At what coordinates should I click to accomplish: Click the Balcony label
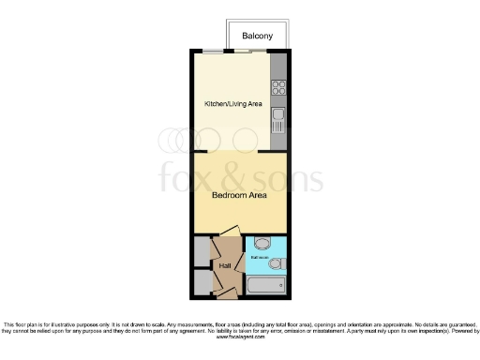click(x=257, y=36)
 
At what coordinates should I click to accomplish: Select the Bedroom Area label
click(x=239, y=196)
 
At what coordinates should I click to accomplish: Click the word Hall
click(x=225, y=266)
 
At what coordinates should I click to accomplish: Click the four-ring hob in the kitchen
click(x=277, y=89)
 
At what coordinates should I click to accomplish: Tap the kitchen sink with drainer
click(x=277, y=119)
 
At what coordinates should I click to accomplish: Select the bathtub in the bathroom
click(x=268, y=285)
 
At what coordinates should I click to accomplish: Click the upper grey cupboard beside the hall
click(x=202, y=252)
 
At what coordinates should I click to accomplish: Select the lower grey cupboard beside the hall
click(x=202, y=282)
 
